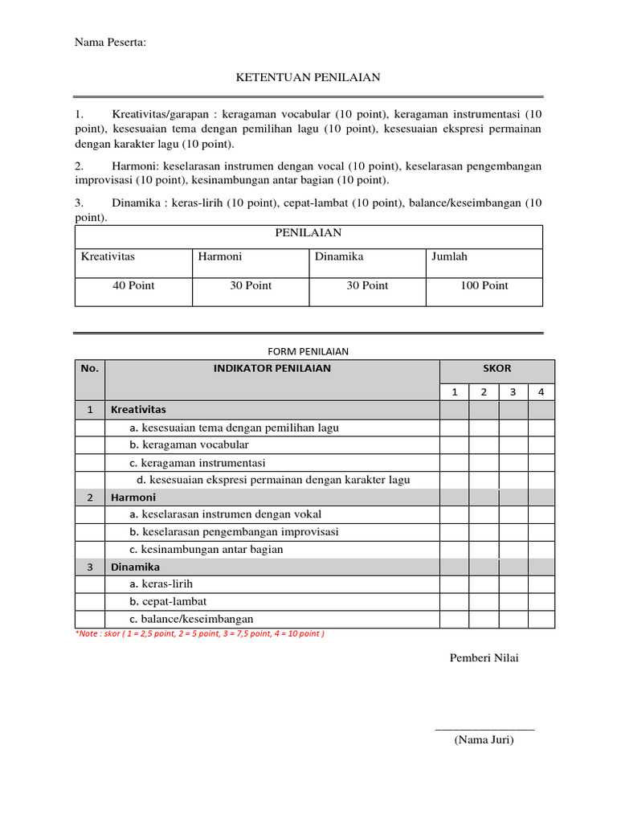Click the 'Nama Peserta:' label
[111, 42]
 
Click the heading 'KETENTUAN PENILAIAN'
[308, 77]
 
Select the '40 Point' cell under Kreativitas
[133, 285]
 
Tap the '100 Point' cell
[484, 285]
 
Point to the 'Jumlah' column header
[449, 256]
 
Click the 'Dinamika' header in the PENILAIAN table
[339, 256]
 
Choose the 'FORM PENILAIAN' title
[308, 351]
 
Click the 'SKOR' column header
[496, 369]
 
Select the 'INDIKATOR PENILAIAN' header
[272, 369]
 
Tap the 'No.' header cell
[90, 369]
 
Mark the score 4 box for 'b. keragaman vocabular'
[541, 444]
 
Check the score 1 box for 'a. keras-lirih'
[454, 584]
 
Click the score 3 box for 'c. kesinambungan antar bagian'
[513, 550]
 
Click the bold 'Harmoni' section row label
[133, 497]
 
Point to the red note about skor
[200, 633]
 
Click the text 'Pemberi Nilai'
[484, 658]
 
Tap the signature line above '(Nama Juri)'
[484, 729]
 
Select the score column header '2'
[484, 392]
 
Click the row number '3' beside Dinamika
[90, 567]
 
